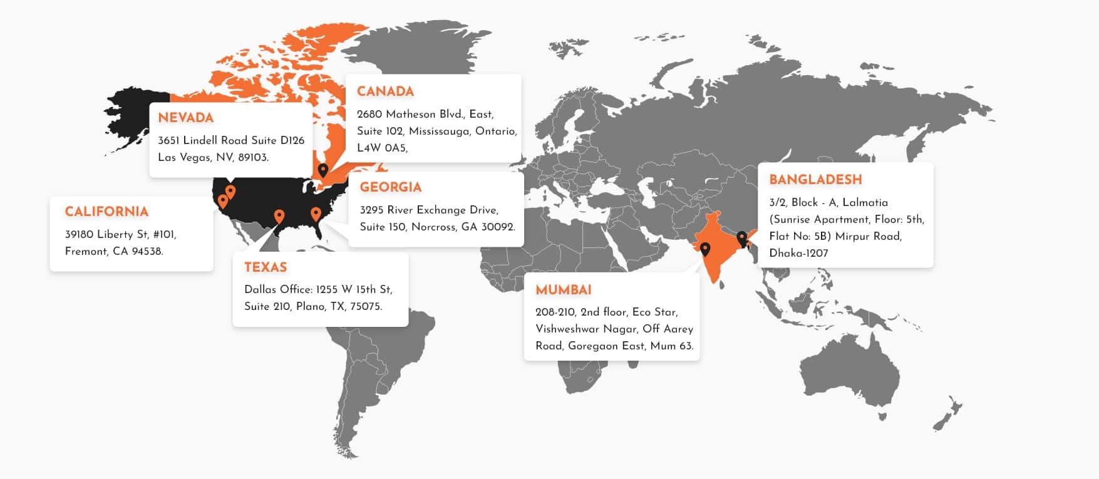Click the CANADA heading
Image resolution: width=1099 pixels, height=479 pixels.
(x=385, y=91)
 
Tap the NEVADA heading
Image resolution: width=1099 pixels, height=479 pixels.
(x=185, y=118)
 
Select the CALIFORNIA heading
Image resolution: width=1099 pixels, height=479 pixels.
(x=106, y=212)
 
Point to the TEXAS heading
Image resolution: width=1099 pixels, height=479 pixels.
(x=266, y=267)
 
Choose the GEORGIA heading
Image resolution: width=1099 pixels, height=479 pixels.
(x=390, y=187)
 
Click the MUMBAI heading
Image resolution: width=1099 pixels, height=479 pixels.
(x=563, y=290)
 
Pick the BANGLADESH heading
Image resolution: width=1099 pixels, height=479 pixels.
(x=815, y=180)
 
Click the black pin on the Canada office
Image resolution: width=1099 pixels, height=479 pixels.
(x=323, y=170)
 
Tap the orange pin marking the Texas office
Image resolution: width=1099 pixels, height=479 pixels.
(x=279, y=216)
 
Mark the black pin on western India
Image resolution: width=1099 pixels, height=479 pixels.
(x=705, y=249)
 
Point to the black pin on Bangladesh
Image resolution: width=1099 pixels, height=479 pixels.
(x=742, y=238)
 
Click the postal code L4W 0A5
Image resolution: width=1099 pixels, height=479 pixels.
(x=381, y=148)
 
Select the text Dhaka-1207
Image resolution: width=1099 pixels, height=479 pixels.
(x=798, y=254)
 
